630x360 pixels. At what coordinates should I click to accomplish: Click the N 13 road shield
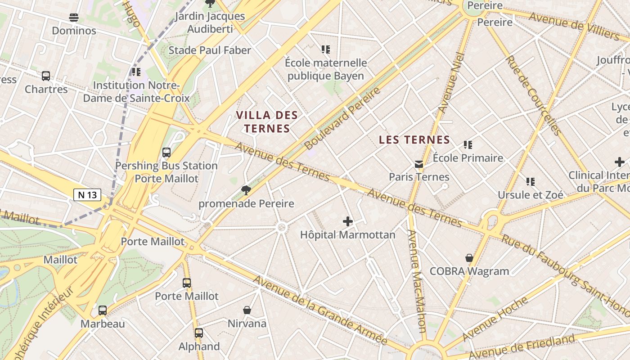(87, 195)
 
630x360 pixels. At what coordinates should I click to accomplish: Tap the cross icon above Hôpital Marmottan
(347, 221)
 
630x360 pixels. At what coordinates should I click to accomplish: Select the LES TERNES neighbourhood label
(414, 140)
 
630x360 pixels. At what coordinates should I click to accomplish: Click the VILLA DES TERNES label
(267, 122)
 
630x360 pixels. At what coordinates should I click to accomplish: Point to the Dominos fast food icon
(74, 18)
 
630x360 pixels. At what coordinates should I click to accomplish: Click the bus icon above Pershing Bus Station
(166, 153)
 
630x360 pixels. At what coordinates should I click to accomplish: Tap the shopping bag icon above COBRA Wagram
(469, 258)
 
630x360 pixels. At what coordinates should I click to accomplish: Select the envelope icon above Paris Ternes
(419, 164)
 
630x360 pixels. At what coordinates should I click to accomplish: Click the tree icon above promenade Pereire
(246, 190)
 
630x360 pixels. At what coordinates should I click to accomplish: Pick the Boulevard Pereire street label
(342, 118)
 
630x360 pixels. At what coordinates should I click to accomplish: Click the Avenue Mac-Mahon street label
(417, 281)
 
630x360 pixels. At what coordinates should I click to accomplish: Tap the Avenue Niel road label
(451, 83)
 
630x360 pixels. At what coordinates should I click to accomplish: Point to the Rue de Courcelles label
(533, 95)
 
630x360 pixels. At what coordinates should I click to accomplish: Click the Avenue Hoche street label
(495, 319)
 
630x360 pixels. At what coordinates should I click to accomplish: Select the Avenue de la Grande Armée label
(320, 310)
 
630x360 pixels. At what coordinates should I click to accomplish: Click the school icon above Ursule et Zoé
(531, 182)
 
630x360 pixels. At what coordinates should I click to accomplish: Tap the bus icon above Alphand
(198, 333)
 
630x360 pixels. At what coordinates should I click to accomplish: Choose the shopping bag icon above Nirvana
(247, 310)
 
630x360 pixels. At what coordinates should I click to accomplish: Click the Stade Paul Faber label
(210, 50)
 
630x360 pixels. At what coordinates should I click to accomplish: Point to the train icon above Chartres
(46, 76)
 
